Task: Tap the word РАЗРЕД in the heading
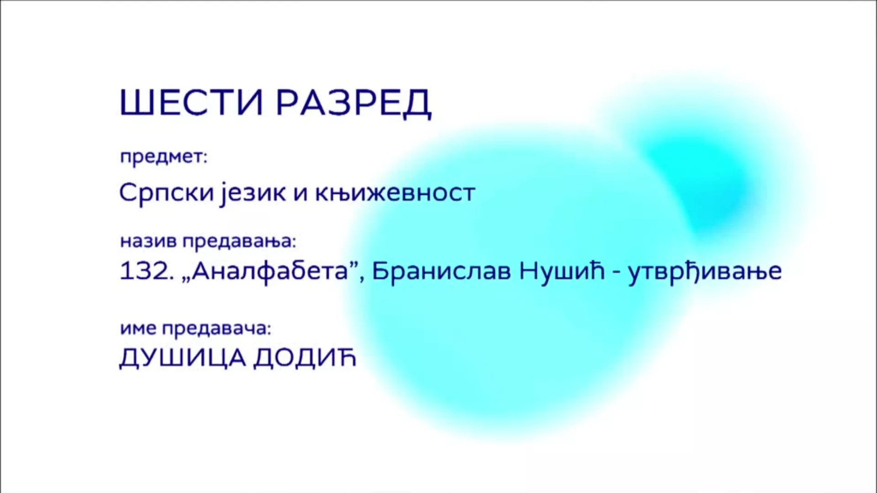(x=354, y=103)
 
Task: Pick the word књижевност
(x=395, y=193)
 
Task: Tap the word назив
(x=148, y=241)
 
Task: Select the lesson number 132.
(x=147, y=271)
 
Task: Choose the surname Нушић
(x=562, y=271)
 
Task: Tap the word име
(x=138, y=329)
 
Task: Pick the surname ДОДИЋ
(x=305, y=358)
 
